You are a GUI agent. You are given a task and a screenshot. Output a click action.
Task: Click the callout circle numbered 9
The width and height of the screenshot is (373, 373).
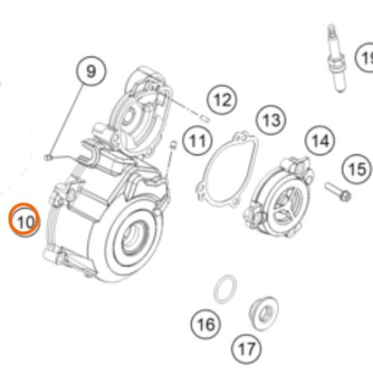(90, 72)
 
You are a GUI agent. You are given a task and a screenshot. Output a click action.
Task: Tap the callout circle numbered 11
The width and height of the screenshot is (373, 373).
(198, 140)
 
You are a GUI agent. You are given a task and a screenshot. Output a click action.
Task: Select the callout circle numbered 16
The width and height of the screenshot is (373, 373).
(207, 324)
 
